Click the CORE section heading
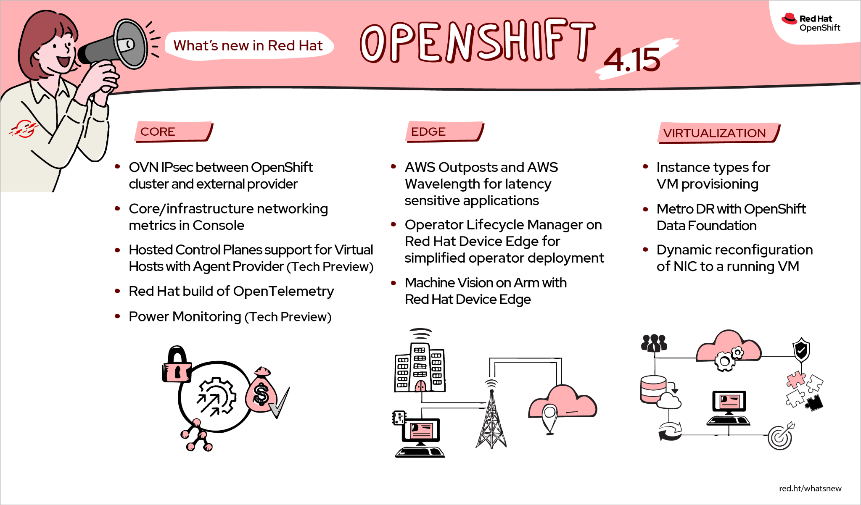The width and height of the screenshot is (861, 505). pos(158,132)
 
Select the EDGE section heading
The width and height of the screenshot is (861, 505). pos(428,132)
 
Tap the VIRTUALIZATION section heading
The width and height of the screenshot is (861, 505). pos(714,133)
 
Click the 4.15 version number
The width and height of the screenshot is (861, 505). pos(632,60)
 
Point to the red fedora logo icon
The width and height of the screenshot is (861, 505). pos(789,19)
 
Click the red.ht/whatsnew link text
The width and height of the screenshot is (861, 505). pos(810,488)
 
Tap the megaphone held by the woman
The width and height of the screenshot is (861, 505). pos(116,46)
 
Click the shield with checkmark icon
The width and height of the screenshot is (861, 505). pos(801,350)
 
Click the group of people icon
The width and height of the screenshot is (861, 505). pos(654,343)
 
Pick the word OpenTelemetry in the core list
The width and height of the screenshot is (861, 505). pos(283,291)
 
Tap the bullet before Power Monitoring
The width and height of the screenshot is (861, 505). pos(118,316)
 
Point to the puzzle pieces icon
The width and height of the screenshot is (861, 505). pos(804,391)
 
